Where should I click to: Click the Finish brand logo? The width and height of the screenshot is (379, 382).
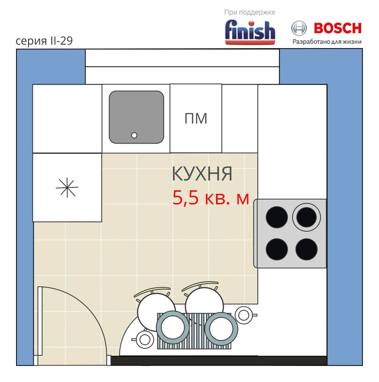pos(250,32)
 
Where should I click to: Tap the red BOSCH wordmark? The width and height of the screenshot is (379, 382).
pos(338,28)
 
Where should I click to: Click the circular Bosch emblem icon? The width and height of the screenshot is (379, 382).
pos(299,28)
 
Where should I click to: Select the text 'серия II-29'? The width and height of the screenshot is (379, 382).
pos(44,41)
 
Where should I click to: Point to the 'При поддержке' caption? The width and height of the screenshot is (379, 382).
pos(250,13)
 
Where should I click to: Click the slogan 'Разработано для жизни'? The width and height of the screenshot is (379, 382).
pos(327,42)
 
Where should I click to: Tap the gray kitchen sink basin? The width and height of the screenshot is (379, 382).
pos(137,117)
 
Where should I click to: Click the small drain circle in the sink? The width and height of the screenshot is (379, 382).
pos(134,135)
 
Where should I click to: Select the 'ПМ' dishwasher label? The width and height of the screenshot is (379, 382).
pos(196,119)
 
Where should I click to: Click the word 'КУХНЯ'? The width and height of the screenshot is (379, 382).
pos(202,174)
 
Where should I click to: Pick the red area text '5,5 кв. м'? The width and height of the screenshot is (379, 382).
pos(211,198)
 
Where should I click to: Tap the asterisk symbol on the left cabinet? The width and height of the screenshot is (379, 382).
pos(67,188)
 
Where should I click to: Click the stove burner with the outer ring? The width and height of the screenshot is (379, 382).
pos(306,217)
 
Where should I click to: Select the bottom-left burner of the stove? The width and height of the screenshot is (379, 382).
pos(277,249)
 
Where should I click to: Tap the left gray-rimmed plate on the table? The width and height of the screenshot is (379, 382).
pos(173,327)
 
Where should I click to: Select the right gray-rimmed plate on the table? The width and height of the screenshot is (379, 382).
pos(221,329)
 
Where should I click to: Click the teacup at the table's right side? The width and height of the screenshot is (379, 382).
pos(245,315)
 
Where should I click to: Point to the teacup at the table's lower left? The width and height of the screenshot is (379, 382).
pos(144,339)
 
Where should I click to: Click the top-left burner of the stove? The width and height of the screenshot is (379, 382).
pos(277,217)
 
